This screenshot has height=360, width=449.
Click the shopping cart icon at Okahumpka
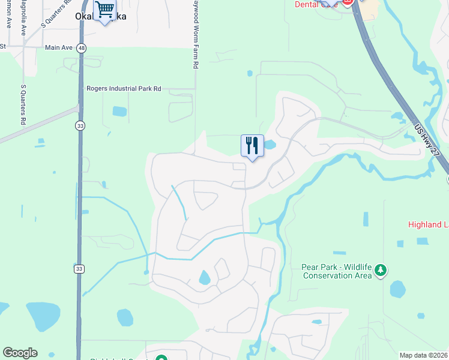click(105, 10)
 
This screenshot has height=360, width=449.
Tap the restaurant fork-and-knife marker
click(252, 145)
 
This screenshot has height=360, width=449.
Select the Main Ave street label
click(58, 47)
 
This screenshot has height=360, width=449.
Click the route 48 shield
click(81, 47)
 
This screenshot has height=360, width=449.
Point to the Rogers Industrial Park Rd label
click(124, 88)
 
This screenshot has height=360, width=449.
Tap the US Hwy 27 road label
click(428, 142)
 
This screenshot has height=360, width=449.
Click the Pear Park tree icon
click(379, 271)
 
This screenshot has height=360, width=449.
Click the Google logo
click(20, 353)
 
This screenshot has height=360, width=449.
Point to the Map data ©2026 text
click(424, 355)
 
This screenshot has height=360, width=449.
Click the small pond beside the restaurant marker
click(269, 145)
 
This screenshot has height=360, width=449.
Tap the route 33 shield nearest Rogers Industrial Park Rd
click(80, 125)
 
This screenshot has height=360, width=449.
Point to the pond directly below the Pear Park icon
click(397, 289)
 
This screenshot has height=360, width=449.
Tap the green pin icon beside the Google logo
click(161, 358)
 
